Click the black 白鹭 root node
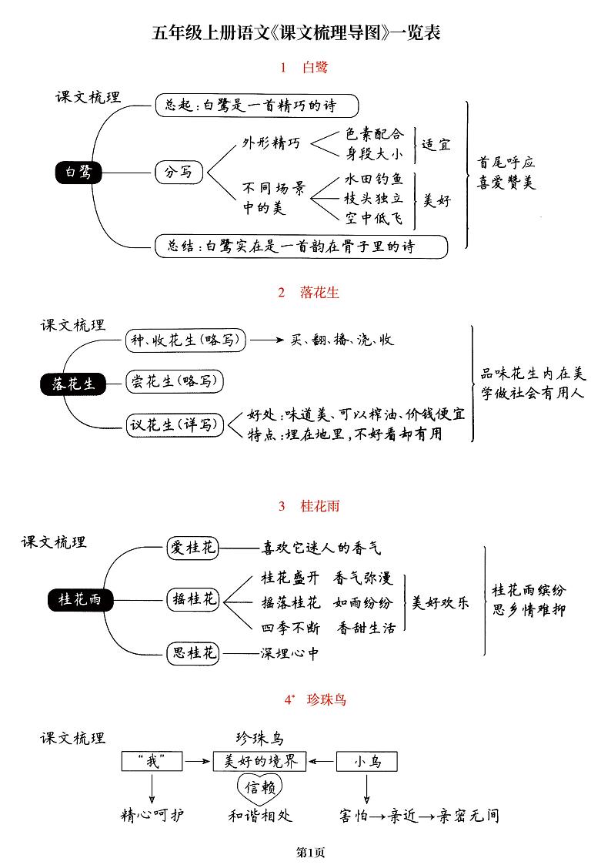click(x=78, y=173)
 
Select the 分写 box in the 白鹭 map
click(x=179, y=173)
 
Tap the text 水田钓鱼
click(x=373, y=179)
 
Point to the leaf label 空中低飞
click(x=373, y=218)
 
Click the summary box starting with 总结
click(x=301, y=246)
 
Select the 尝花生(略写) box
click(x=174, y=381)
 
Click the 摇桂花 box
click(x=193, y=598)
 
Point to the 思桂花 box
click(x=193, y=654)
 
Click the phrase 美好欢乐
click(x=440, y=602)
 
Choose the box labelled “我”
click(x=152, y=761)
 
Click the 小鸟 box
click(x=367, y=761)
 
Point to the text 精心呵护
click(x=152, y=815)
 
